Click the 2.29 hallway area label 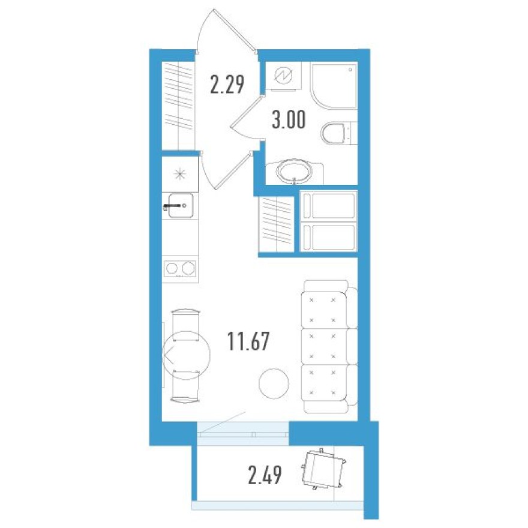coord(227,84)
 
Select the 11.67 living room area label coord(248,342)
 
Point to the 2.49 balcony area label coord(265,477)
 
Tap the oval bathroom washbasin coord(294,172)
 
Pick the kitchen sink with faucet coord(179,205)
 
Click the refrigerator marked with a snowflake coord(179,174)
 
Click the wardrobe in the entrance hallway coord(178,105)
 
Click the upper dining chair coord(185,318)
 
